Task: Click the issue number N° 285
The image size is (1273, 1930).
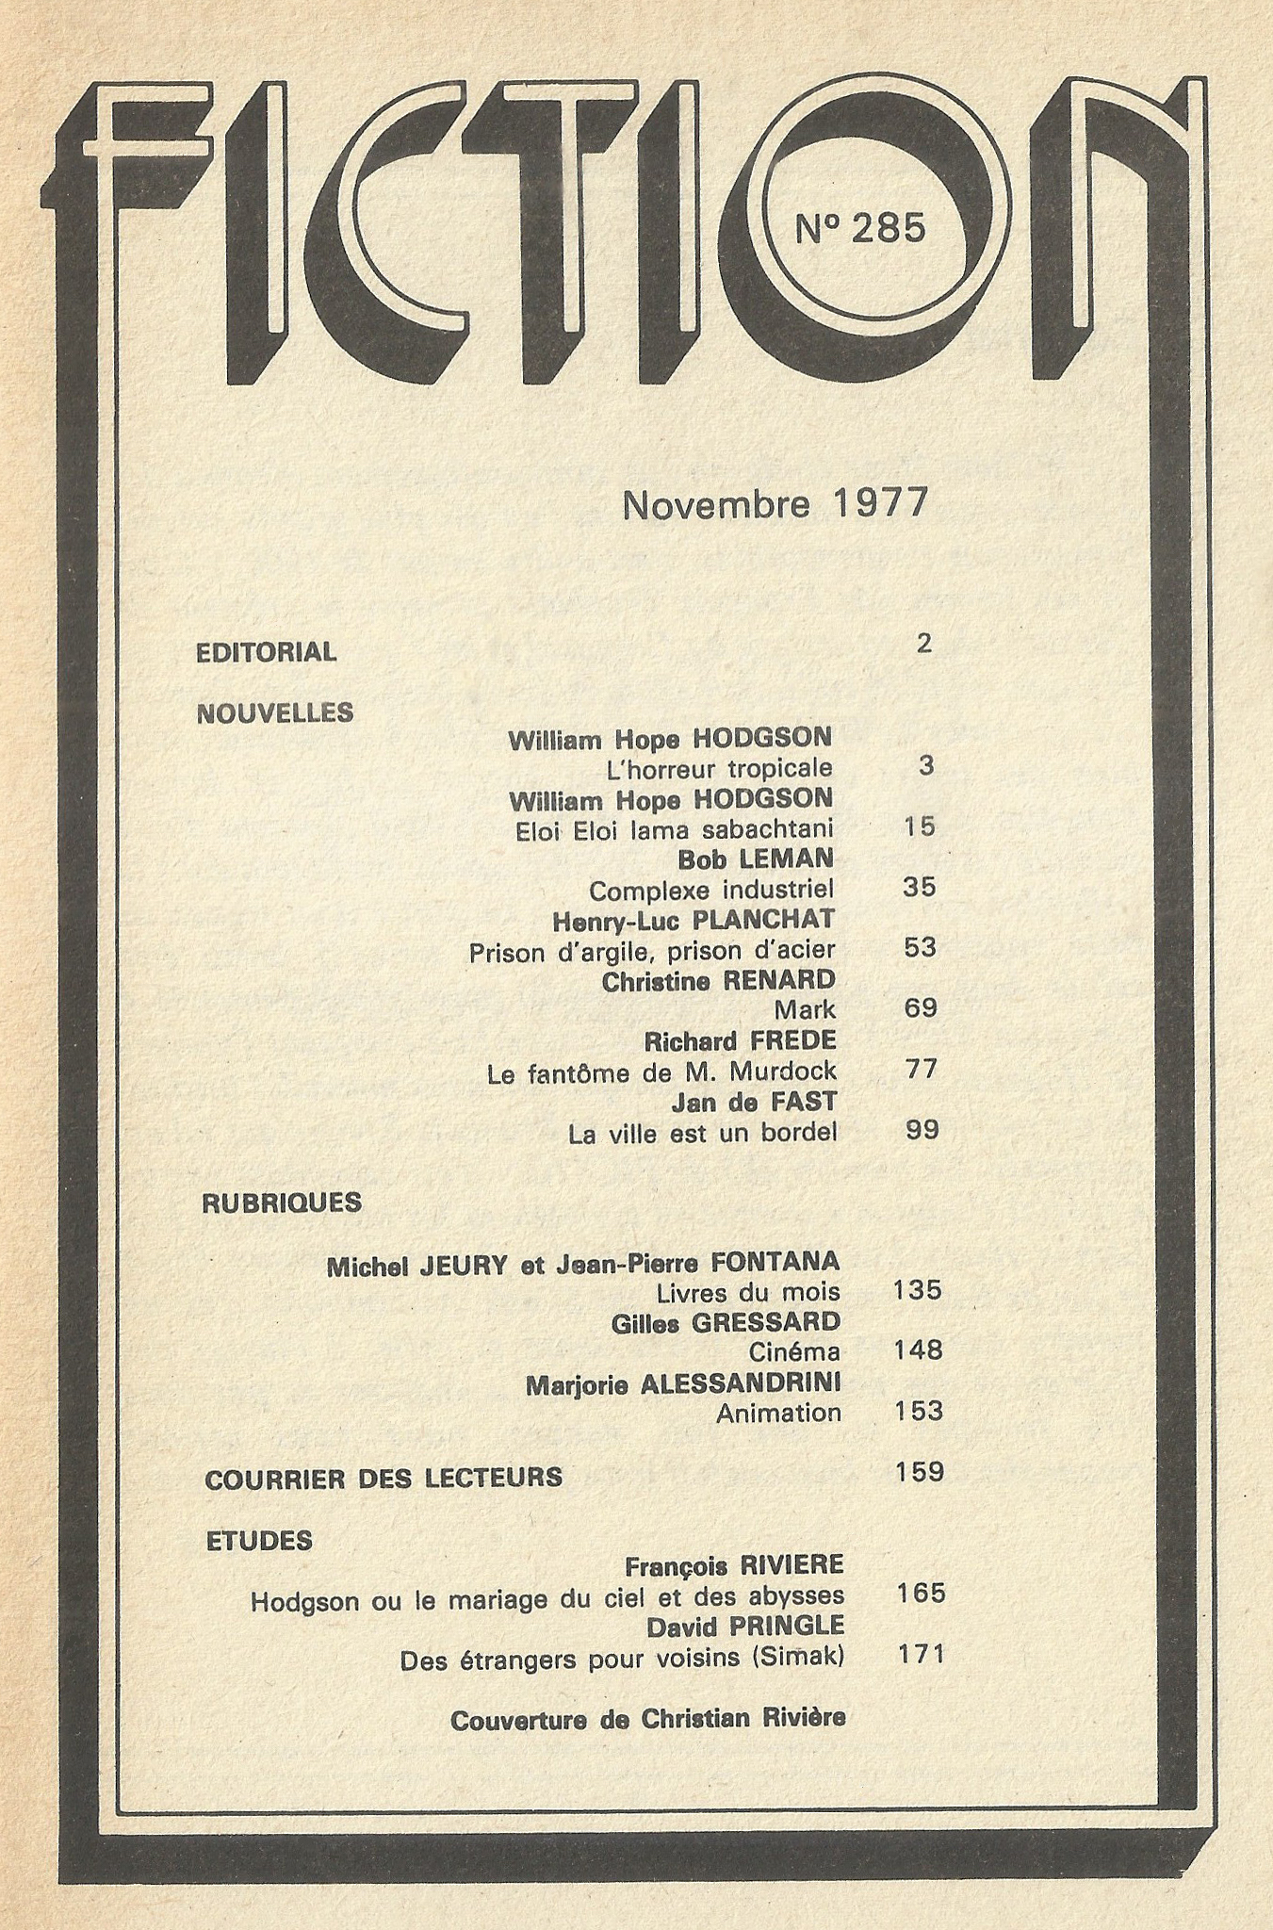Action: coord(860,228)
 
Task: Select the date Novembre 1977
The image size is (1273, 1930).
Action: coord(775,504)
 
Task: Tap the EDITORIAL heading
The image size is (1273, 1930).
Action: coord(266,652)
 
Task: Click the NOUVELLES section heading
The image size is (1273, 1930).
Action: coord(274,712)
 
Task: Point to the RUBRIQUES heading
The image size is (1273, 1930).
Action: coord(282,1203)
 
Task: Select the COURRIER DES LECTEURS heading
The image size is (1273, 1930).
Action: coord(384,1478)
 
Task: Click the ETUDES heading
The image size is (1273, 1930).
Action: coord(259,1541)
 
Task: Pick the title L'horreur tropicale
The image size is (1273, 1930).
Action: coord(720,769)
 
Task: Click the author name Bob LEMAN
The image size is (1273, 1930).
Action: coord(756,859)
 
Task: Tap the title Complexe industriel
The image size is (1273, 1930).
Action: coord(711,890)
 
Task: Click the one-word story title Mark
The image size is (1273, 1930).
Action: coord(805,1010)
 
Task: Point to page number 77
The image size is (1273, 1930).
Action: coord(921,1070)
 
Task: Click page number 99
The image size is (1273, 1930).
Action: coord(922,1130)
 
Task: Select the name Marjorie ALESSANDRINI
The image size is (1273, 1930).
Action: coord(683,1383)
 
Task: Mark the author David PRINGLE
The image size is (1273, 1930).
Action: coord(744,1627)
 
